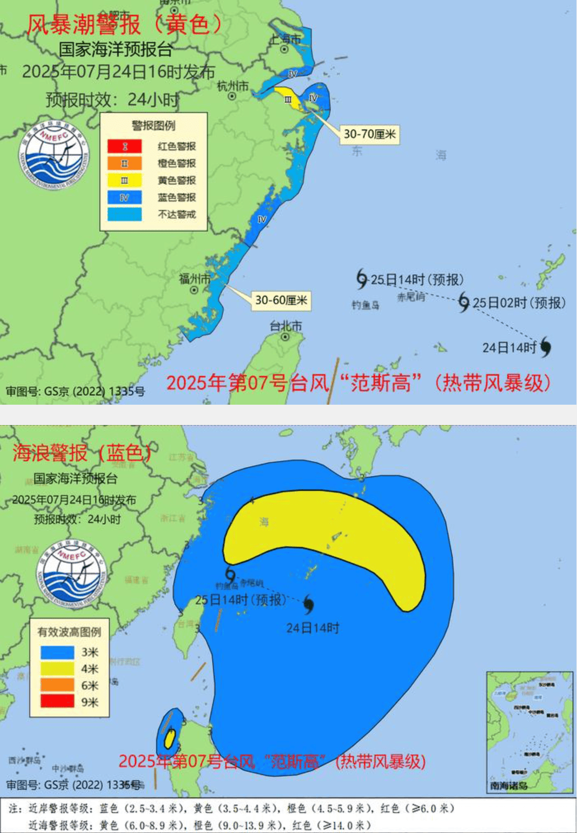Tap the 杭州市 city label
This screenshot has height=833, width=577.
[232, 86]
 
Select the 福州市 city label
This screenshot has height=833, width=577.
[195, 279]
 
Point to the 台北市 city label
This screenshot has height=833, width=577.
[285, 326]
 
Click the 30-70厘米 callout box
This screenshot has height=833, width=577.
[370, 135]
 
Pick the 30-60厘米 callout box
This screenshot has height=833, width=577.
[281, 300]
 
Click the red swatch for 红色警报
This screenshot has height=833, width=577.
[125, 147]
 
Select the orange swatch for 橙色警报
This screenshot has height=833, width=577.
[125, 164]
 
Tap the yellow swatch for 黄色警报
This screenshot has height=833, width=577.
[125, 181]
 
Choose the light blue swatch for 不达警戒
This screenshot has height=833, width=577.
[125, 214]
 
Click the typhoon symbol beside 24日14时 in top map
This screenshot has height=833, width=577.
[545, 347]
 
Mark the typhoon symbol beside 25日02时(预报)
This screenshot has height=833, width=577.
[464, 301]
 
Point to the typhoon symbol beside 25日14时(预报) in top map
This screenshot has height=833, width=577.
[362, 278]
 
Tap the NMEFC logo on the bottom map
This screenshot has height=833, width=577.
[71, 572]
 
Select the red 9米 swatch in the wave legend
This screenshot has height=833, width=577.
[57, 702]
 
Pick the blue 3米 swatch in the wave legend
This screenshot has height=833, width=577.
[57, 652]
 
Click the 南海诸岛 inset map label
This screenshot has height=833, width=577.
[508, 786]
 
